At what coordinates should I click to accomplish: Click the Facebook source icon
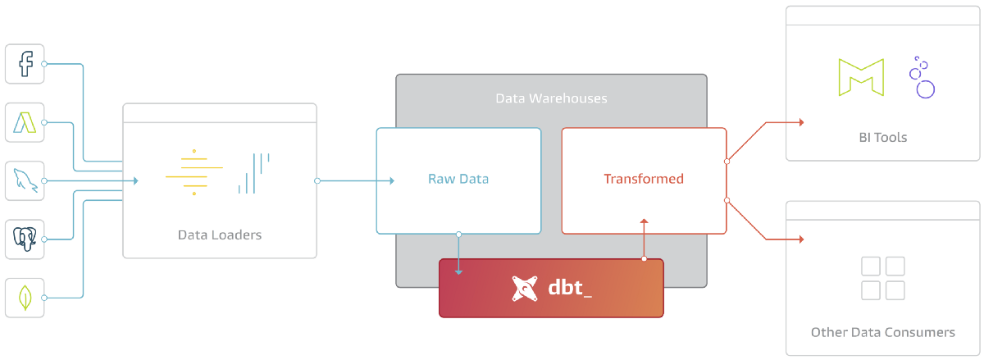tap(25, 64)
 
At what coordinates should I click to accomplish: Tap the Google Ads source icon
tap(25, 122)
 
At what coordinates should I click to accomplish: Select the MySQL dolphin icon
tap(25, 180)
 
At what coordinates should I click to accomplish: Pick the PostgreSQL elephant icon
tap(25, 239)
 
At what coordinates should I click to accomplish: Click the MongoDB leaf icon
tap(25, 297)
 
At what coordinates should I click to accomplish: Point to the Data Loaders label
tap(220, 235)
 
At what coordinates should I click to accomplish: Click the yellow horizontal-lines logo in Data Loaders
tap(194, 172)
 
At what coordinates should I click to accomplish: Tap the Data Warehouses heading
tap(551, 98)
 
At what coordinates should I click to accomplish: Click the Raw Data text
tap(458, 179)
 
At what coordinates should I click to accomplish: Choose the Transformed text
tap(644, 179)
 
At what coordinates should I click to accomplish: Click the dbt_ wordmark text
tap(570, 289)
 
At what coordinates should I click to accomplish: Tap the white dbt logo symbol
tap(526, 289)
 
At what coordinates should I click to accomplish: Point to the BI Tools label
tap(882, 137)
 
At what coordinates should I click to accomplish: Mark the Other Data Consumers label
tap(882, 332)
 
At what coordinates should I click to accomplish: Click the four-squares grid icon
tap(883, 278)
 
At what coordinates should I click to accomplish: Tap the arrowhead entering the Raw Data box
tap(391, 180)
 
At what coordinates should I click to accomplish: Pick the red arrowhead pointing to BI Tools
tap(800, 122)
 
